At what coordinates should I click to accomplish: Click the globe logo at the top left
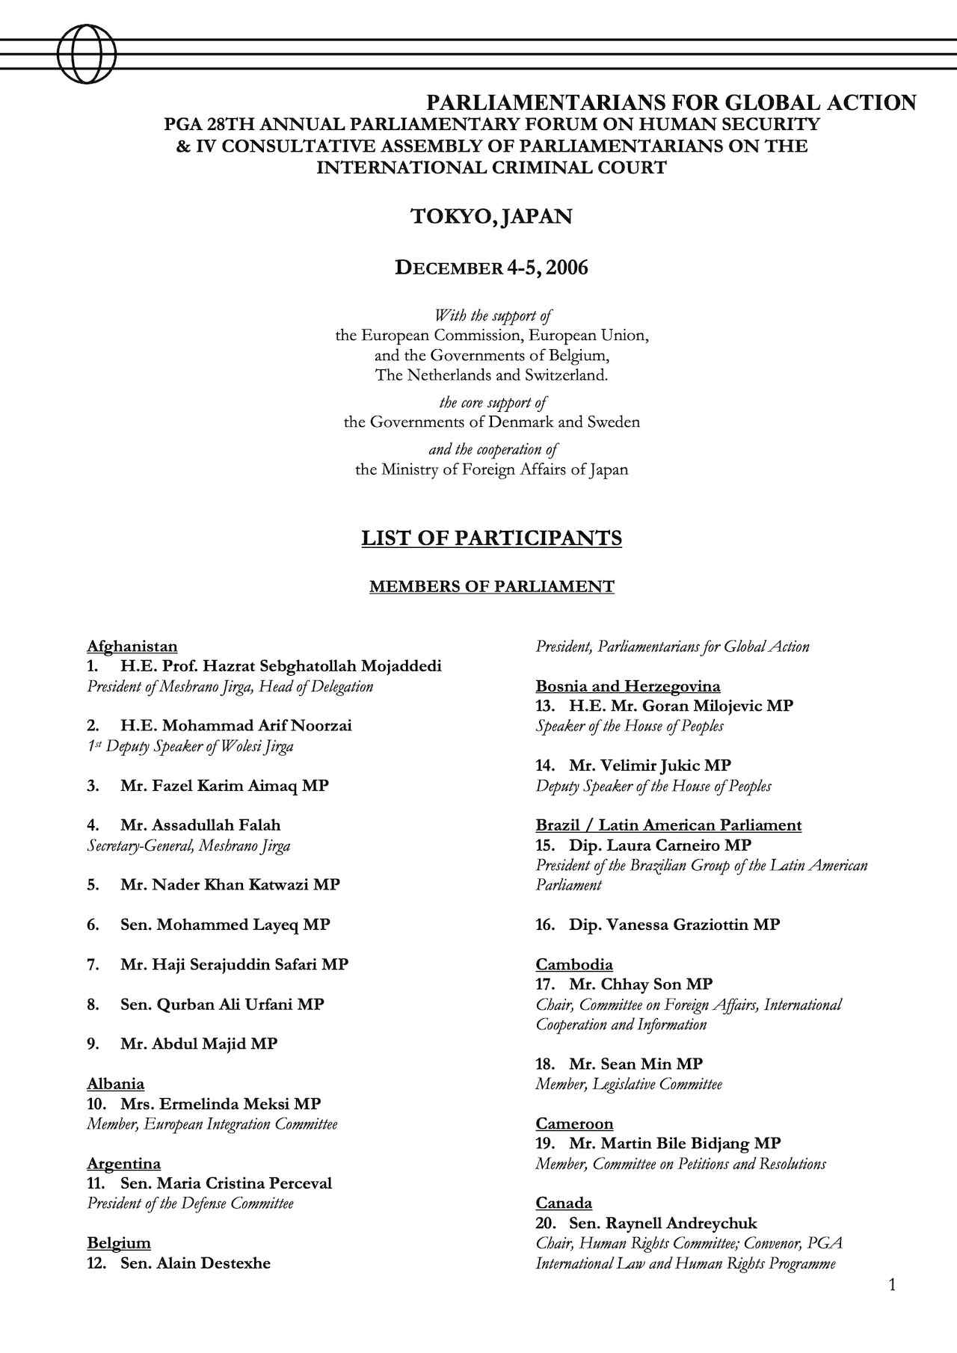[87, 54]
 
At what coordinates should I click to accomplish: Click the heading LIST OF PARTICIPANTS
[491, 538]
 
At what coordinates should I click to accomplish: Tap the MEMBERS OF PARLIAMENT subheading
[491, 587]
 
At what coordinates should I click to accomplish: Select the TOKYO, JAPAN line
[491, 217]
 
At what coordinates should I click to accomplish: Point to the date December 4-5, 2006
[491, 268]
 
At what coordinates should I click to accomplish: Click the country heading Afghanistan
[132, 647]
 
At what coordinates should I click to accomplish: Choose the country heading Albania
[116, 1084]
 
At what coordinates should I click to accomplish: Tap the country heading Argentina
[124, 1163]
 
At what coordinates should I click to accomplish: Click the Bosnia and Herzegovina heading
[628, 686]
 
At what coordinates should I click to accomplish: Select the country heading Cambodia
[574, 964]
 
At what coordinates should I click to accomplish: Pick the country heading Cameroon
[574, 1124]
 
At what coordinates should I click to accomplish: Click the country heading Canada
[564, 1203]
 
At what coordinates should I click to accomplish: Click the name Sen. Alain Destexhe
[195, 1263]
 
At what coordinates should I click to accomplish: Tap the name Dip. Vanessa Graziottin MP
[674, 925]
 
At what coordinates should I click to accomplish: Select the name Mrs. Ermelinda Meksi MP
[221, 1104]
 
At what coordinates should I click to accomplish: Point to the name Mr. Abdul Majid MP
[198, 1044]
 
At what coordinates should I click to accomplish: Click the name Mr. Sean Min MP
[636, 1064]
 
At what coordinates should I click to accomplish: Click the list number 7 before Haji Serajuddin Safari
[93, 965]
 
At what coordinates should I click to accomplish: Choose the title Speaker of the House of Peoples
[630, 726]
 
